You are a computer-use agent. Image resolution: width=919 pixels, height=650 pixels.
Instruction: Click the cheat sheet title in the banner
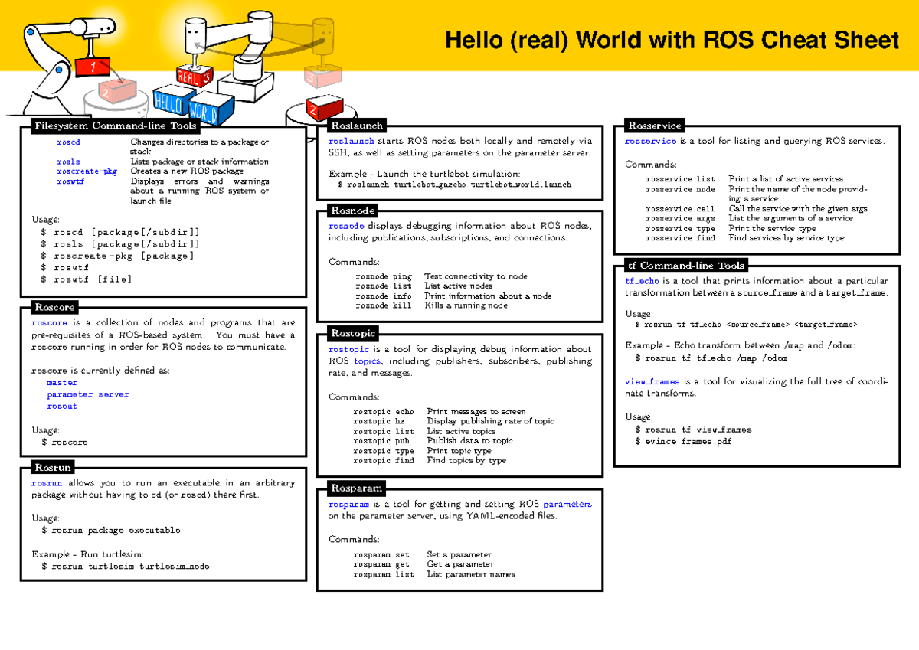[672, 40]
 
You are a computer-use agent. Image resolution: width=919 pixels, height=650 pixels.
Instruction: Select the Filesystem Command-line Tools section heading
[115, 126]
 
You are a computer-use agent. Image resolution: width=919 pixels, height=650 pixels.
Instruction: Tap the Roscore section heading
[54, 307]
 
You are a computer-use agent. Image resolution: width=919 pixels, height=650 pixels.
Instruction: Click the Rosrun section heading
[53, 467]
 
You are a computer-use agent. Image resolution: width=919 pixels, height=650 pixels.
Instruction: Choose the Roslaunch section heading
[356, 126]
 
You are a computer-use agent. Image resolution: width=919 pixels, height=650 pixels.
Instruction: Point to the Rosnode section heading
[352, 211]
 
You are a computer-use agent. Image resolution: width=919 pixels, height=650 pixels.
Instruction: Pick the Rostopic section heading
[353, 333]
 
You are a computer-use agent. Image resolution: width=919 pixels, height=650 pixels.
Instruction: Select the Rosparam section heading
[356, 488]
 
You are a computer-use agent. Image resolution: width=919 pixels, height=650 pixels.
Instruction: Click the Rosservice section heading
[654, 126]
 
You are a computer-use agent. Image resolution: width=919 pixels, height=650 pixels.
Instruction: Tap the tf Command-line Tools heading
[685, 266]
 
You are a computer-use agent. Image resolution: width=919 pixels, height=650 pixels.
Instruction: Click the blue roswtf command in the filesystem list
[70, 181]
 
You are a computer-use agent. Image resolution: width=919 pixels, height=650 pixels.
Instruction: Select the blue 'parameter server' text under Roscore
[87, 394]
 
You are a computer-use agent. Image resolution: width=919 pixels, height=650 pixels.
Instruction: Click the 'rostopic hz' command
[378, 421]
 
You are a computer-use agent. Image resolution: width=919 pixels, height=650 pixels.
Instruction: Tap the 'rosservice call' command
[679, 208]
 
